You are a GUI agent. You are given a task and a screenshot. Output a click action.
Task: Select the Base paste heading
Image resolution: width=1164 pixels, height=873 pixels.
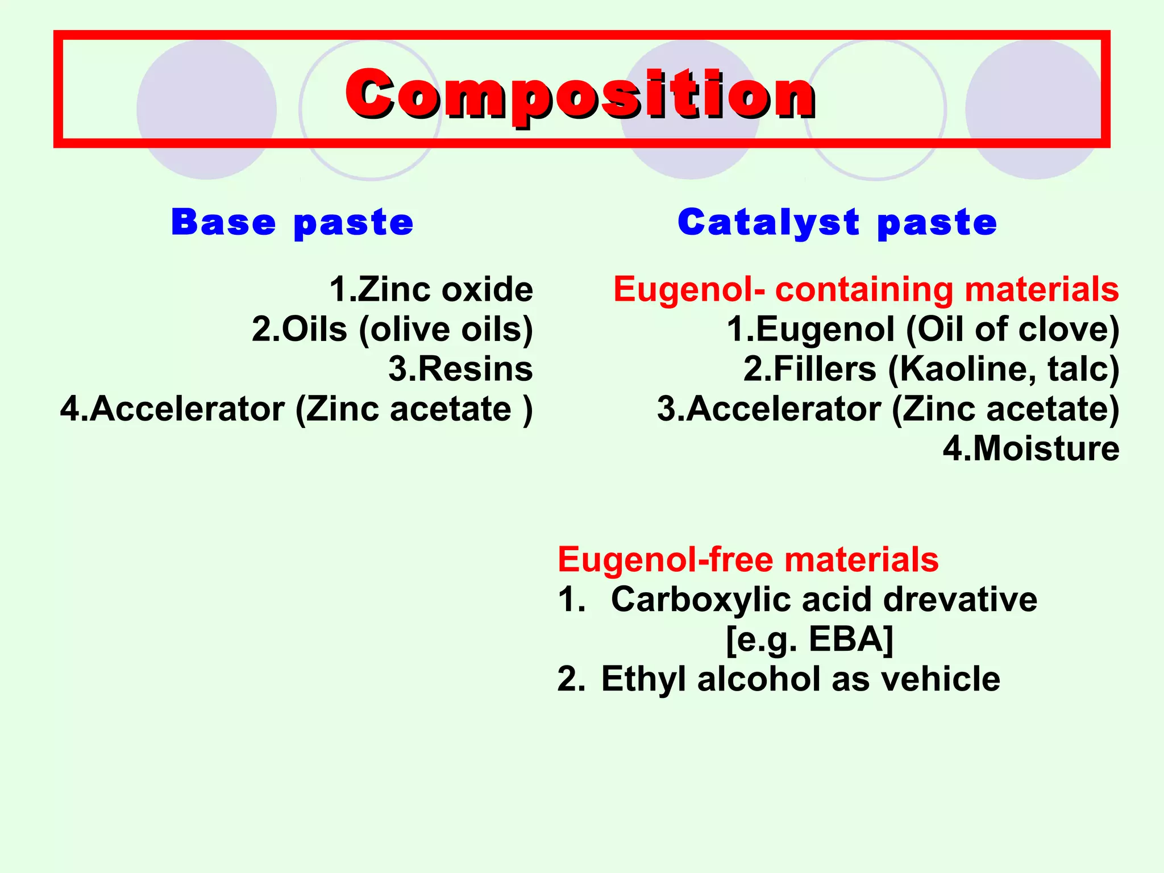[292, 222]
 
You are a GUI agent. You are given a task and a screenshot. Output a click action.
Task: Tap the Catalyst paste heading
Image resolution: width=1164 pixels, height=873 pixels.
[837, 222]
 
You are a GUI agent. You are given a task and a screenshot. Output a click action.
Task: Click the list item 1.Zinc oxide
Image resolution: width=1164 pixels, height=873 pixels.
[431, 289]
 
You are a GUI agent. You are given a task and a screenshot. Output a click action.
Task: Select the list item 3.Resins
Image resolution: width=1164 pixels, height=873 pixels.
[460, 369]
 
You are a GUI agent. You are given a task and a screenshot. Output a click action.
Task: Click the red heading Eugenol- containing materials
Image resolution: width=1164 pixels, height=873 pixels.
[866, 289]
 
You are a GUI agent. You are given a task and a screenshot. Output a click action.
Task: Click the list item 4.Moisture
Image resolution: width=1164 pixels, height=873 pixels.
[1031, 448]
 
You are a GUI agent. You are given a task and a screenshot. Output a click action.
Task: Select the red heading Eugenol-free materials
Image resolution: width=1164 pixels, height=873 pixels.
[747, 559]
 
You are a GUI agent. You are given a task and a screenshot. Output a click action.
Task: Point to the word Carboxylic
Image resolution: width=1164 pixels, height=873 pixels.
[699, 600]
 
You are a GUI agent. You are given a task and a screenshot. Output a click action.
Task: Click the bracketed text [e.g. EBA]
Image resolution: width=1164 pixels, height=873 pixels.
[809, 639]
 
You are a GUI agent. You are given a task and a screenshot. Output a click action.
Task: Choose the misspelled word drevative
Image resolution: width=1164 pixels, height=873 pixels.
[960, 600]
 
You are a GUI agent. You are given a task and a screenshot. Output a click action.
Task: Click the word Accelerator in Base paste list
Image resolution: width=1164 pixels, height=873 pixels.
[188, 409]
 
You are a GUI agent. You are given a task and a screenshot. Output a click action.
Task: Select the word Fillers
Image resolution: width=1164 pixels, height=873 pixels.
[825, 369]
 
